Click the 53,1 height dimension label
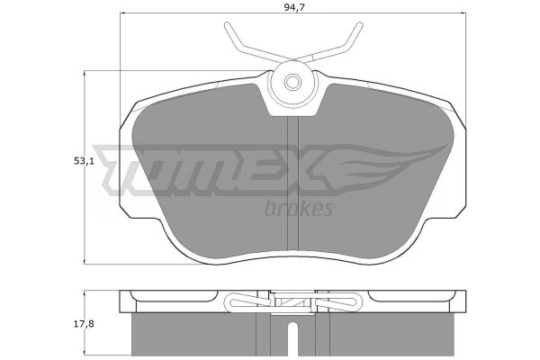(84, 161)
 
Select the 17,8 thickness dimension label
(84, 324)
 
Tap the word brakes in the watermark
(299, 208)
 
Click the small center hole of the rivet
(292, 82)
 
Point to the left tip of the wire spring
(227, 25)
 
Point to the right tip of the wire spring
(359, 25)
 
